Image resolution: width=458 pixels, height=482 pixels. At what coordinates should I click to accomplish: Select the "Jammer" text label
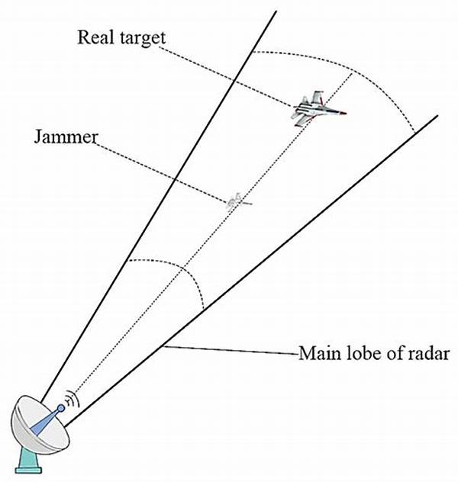(x=66, y=137)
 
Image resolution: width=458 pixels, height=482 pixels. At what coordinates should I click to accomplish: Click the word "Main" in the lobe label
(x=320, y=354)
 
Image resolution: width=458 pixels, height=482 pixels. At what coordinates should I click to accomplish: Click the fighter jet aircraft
(x=318, y=109)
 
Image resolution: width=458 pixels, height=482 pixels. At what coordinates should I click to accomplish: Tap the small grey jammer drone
(x=239, y=201)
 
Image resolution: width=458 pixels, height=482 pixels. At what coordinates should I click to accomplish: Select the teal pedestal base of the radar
(x=28, y=460)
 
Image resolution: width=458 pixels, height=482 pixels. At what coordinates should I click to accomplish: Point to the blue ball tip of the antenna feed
(x=61, y=408)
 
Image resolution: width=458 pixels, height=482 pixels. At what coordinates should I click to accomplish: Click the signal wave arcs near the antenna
(x=73, y=399)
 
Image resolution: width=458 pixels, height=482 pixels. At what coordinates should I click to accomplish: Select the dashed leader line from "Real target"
(x=227, y=76)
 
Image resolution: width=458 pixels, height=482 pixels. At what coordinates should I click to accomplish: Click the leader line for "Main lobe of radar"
(x=231, y=351)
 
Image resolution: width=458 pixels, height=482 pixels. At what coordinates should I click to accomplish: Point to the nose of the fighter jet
(x=347, y=113)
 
